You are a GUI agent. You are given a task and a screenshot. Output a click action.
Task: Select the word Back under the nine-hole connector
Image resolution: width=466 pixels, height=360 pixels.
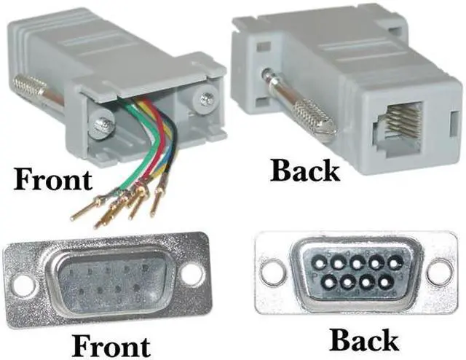(364, 339)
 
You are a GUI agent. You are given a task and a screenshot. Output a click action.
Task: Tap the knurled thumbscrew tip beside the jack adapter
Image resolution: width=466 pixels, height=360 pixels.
(314, 117)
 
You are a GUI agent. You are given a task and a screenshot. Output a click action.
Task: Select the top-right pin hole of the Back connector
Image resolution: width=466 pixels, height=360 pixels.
(394, 260)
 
